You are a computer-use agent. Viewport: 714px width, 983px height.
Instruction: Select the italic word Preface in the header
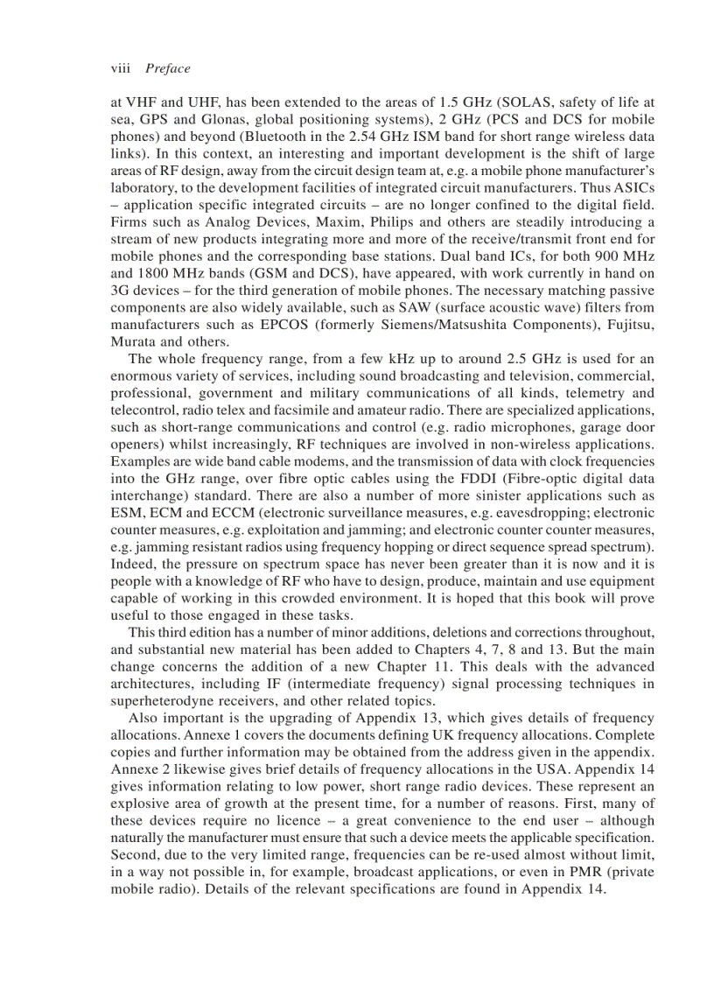click(167, 68)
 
